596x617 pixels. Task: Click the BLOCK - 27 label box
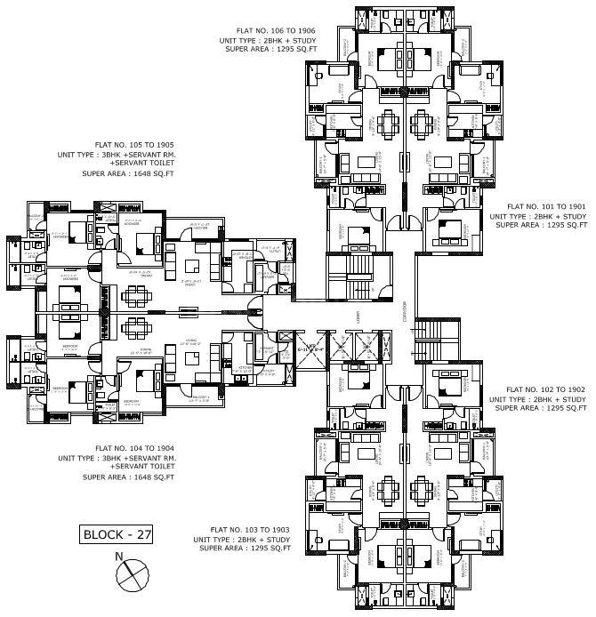(117, 534)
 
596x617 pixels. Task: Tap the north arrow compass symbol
(129, 573)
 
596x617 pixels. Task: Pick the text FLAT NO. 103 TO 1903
(246, 529)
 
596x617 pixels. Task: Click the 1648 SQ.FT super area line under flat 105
(128, 173)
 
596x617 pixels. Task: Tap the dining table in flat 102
(424, 487)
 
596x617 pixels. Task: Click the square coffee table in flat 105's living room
(190, 264)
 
